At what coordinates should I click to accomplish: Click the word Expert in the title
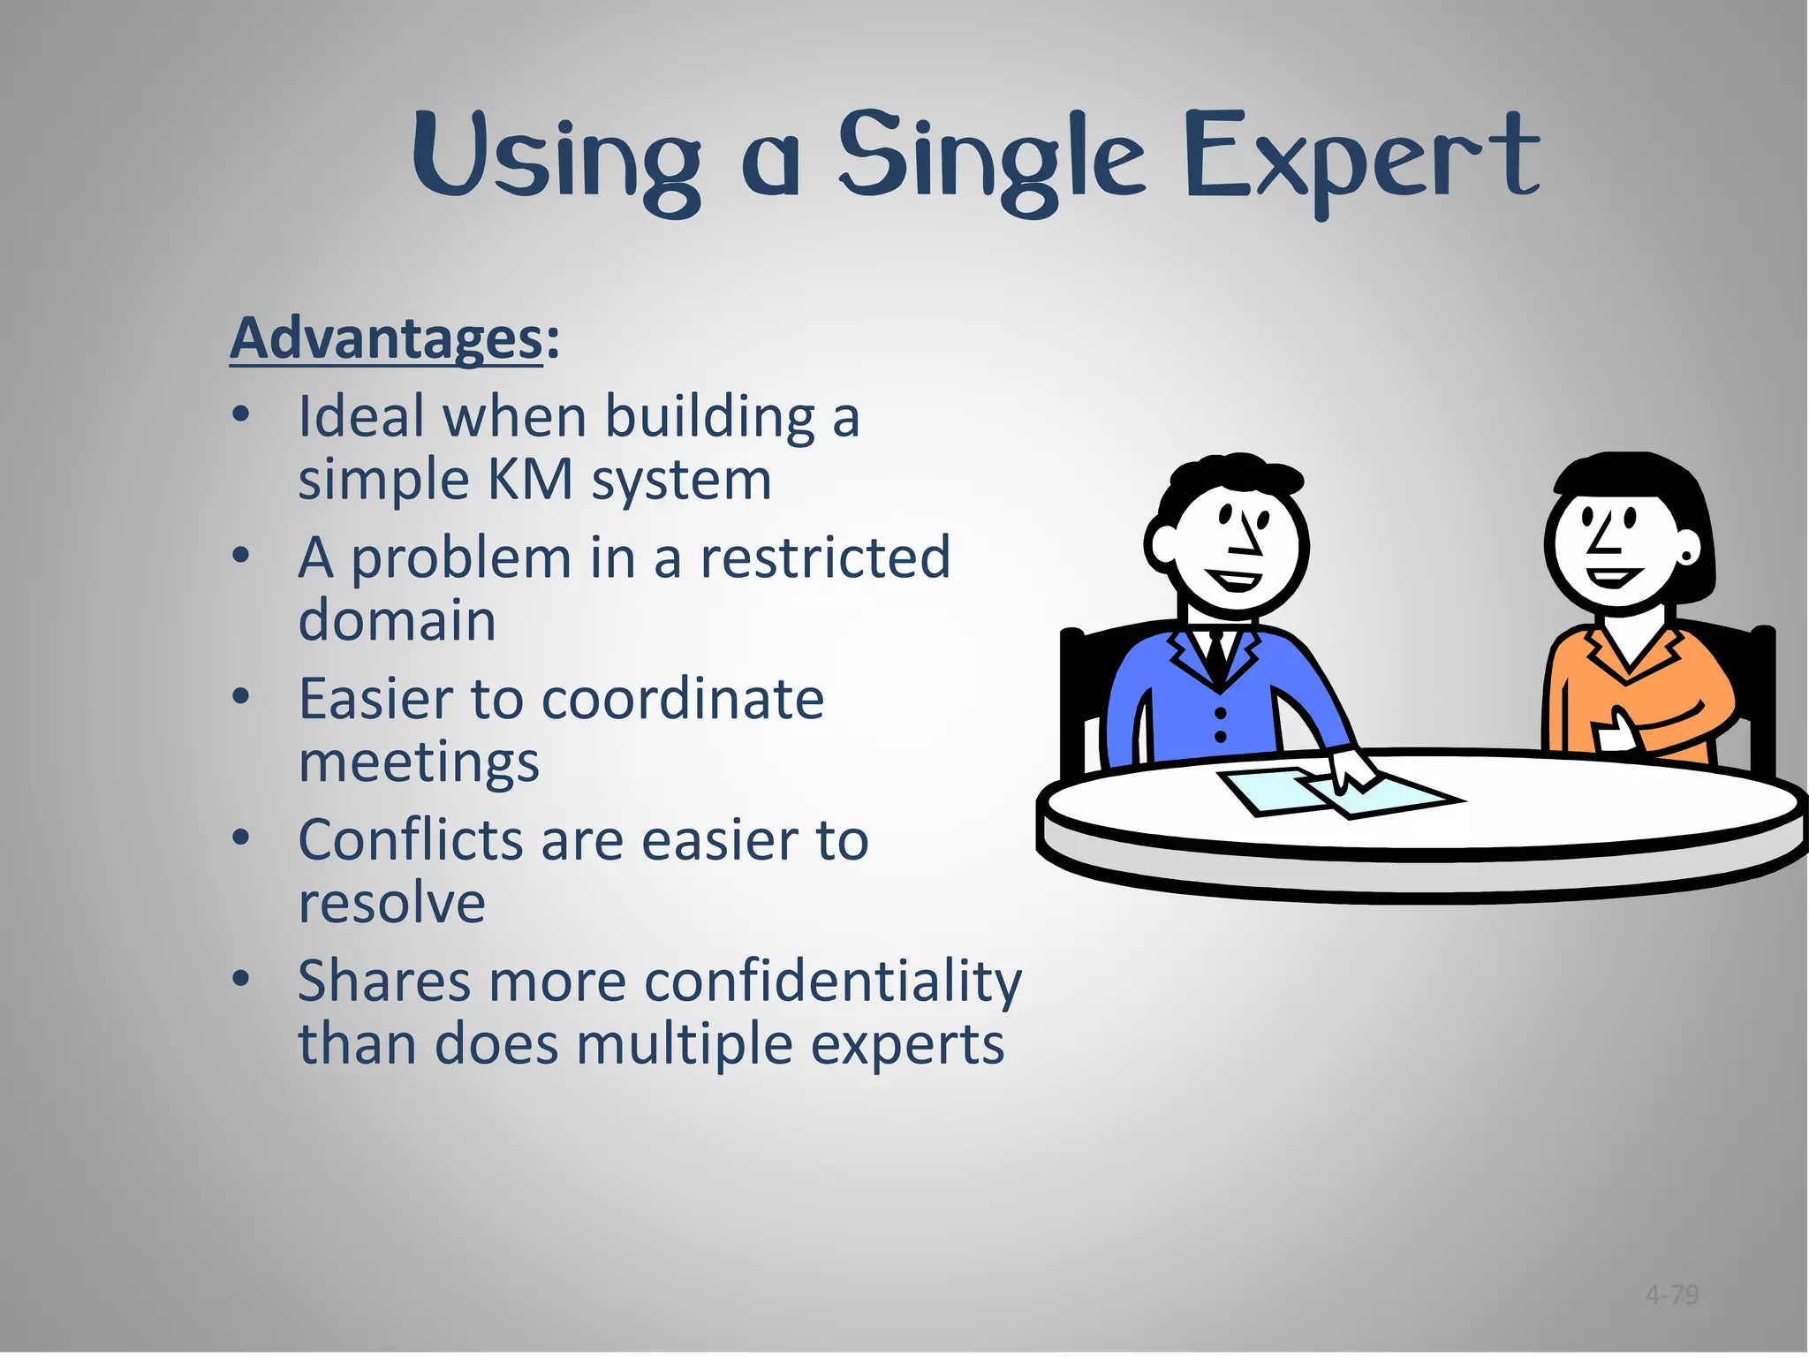click(1360, 159)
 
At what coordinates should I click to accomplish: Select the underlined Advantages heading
click(386, 337)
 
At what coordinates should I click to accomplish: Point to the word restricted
click(825, 557)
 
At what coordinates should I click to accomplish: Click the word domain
click(397, 620)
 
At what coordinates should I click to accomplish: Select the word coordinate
click(682, 699)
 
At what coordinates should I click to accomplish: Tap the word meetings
click(418, 762)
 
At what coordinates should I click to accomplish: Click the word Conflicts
click(411, 839)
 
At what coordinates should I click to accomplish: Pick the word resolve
click(391, 903)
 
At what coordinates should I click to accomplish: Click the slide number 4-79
click(1672, 1295)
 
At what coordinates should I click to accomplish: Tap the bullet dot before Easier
click(241, 697)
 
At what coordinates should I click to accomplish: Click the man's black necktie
click(1216, 654)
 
